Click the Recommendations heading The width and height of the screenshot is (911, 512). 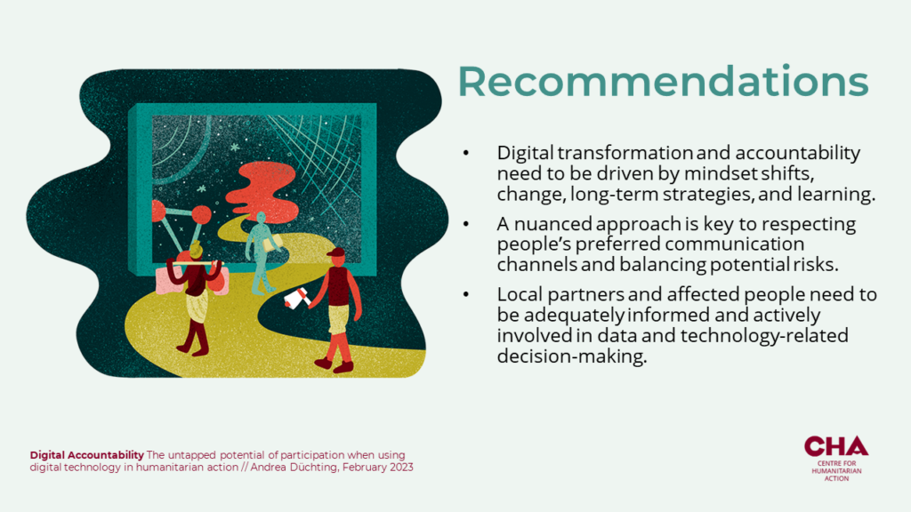pyautogui.click(x=663, y=81)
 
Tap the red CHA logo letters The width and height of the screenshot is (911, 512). pyautogui.click(x=836, y=446)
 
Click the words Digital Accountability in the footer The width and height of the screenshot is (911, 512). pyautogui.click(x=86, y=455)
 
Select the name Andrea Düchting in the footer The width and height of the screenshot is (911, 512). pyautogui.click(x=294, y=468)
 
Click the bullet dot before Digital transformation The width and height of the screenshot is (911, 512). pyautogui.click(x=466, y=153)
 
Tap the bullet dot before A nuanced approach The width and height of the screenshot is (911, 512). pyautogui.click(x=466, y=224)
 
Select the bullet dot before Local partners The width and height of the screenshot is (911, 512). pyautogui.click(x=466, y=295)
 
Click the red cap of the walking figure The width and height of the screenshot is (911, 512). pyautogui.click(x=335, y=253)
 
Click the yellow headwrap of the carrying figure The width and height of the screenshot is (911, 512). pyautogui.click(x=196, y=250)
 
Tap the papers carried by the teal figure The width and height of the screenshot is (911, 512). pyautogui.click(x=273, y=242)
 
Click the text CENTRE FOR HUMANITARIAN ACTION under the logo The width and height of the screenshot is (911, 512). pyautogui.click(x=836, y=471)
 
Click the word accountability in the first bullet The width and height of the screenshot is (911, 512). pyautogui.click(x=798, y=153)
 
